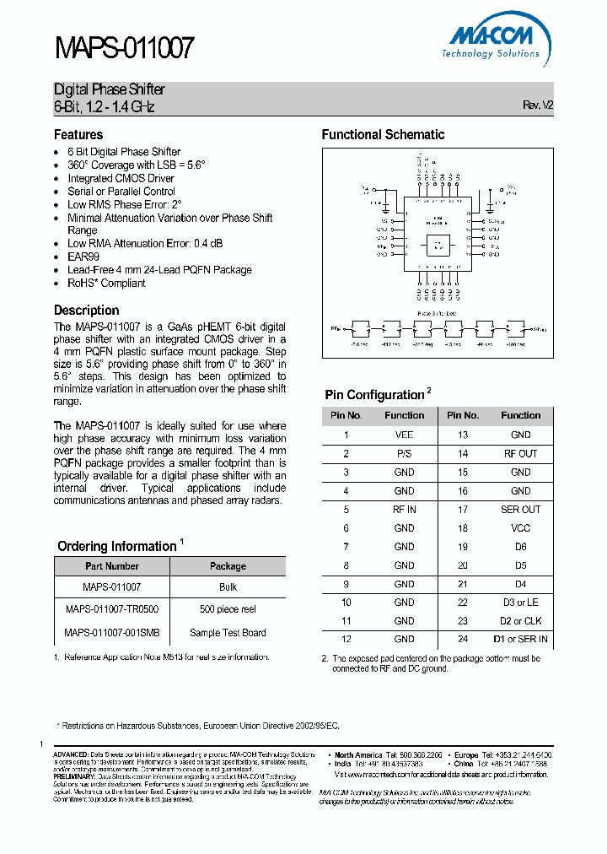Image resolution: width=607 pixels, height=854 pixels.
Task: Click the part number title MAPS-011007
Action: [x=124, y=49]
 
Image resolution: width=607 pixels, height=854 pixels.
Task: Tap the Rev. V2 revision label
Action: [x=538, y=105]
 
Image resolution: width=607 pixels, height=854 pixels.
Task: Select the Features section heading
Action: [x=78, y=135]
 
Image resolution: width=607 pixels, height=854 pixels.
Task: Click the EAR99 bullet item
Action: [x=83, y=257]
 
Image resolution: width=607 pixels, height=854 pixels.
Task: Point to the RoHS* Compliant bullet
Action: [x=106, y=284]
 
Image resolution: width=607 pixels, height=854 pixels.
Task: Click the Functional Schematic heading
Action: [x=383, y=135]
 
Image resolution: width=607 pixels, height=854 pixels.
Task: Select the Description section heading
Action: [x=87, y=311]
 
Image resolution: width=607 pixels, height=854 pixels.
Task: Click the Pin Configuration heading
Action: [x=374, y=395]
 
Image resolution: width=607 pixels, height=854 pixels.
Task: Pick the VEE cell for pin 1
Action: [x=405, y=435]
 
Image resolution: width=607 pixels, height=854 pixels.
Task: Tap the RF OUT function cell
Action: [x=521, y=453]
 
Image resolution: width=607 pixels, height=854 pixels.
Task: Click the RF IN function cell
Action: [x=405, y=510]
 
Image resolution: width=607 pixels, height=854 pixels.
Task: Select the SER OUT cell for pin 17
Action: [x=521, y=510]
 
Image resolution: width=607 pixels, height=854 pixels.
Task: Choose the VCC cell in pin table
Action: [x=521, y=528]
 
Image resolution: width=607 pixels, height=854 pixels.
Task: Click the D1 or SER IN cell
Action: [x=521, y=640]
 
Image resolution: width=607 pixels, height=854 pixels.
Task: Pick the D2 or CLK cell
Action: [x=521, y=621]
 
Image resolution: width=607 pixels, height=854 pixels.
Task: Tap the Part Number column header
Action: [x=112, y=566]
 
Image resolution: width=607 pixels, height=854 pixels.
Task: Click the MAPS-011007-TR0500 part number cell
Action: [x=112, y=609]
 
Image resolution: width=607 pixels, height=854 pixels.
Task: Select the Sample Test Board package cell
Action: [x=228, y=632]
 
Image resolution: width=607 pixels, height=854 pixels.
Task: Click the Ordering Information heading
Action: [x=116, y=547]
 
